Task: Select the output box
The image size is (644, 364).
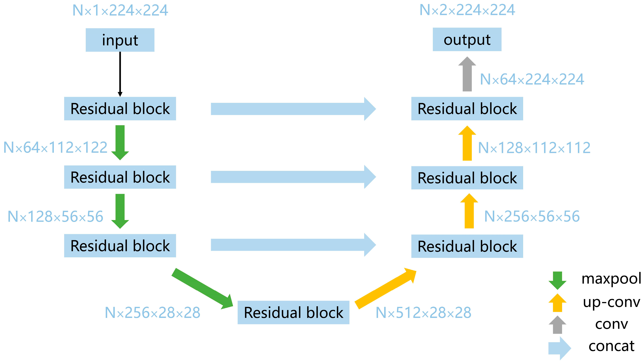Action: [x=467, y=39]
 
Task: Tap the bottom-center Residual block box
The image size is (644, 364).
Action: [x=293, y=312]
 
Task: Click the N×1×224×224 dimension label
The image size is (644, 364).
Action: [x=120, y=10]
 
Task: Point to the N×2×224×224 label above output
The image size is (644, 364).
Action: [x=467, y=10]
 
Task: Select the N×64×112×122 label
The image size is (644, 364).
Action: [x=55, y=148]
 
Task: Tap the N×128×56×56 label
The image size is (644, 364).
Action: [x=55, y=216]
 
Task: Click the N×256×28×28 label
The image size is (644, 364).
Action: [x=152, y=313]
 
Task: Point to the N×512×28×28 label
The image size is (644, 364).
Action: [x=423, y=313]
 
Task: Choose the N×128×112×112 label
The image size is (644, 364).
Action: [x=534, y=148]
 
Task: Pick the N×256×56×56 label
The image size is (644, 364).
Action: [x=532, y=216]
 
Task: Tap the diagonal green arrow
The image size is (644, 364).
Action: [x=202, y=289]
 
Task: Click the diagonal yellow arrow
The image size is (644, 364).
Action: [x=385, y=289]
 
